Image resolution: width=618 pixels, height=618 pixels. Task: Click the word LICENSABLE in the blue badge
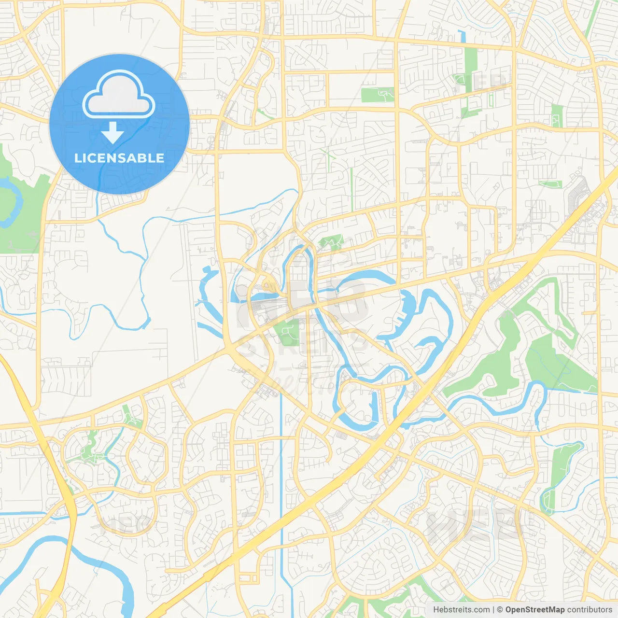119,158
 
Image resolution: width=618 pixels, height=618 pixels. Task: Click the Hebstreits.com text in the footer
462,610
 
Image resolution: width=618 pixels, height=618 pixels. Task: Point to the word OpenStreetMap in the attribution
534,610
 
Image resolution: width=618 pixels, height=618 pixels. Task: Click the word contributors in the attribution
590,610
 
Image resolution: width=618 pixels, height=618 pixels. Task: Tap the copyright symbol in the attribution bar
500,610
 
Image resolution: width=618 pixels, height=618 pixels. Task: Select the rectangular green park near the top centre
378,95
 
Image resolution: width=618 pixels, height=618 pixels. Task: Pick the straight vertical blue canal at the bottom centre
281,483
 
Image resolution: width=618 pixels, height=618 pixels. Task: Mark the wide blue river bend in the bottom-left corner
97,565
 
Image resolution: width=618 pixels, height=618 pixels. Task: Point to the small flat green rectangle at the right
550,184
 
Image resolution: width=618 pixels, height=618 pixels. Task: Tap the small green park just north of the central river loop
331,241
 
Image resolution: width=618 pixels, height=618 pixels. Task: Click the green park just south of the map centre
289,332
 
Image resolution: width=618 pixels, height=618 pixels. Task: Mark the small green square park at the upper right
557,116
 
